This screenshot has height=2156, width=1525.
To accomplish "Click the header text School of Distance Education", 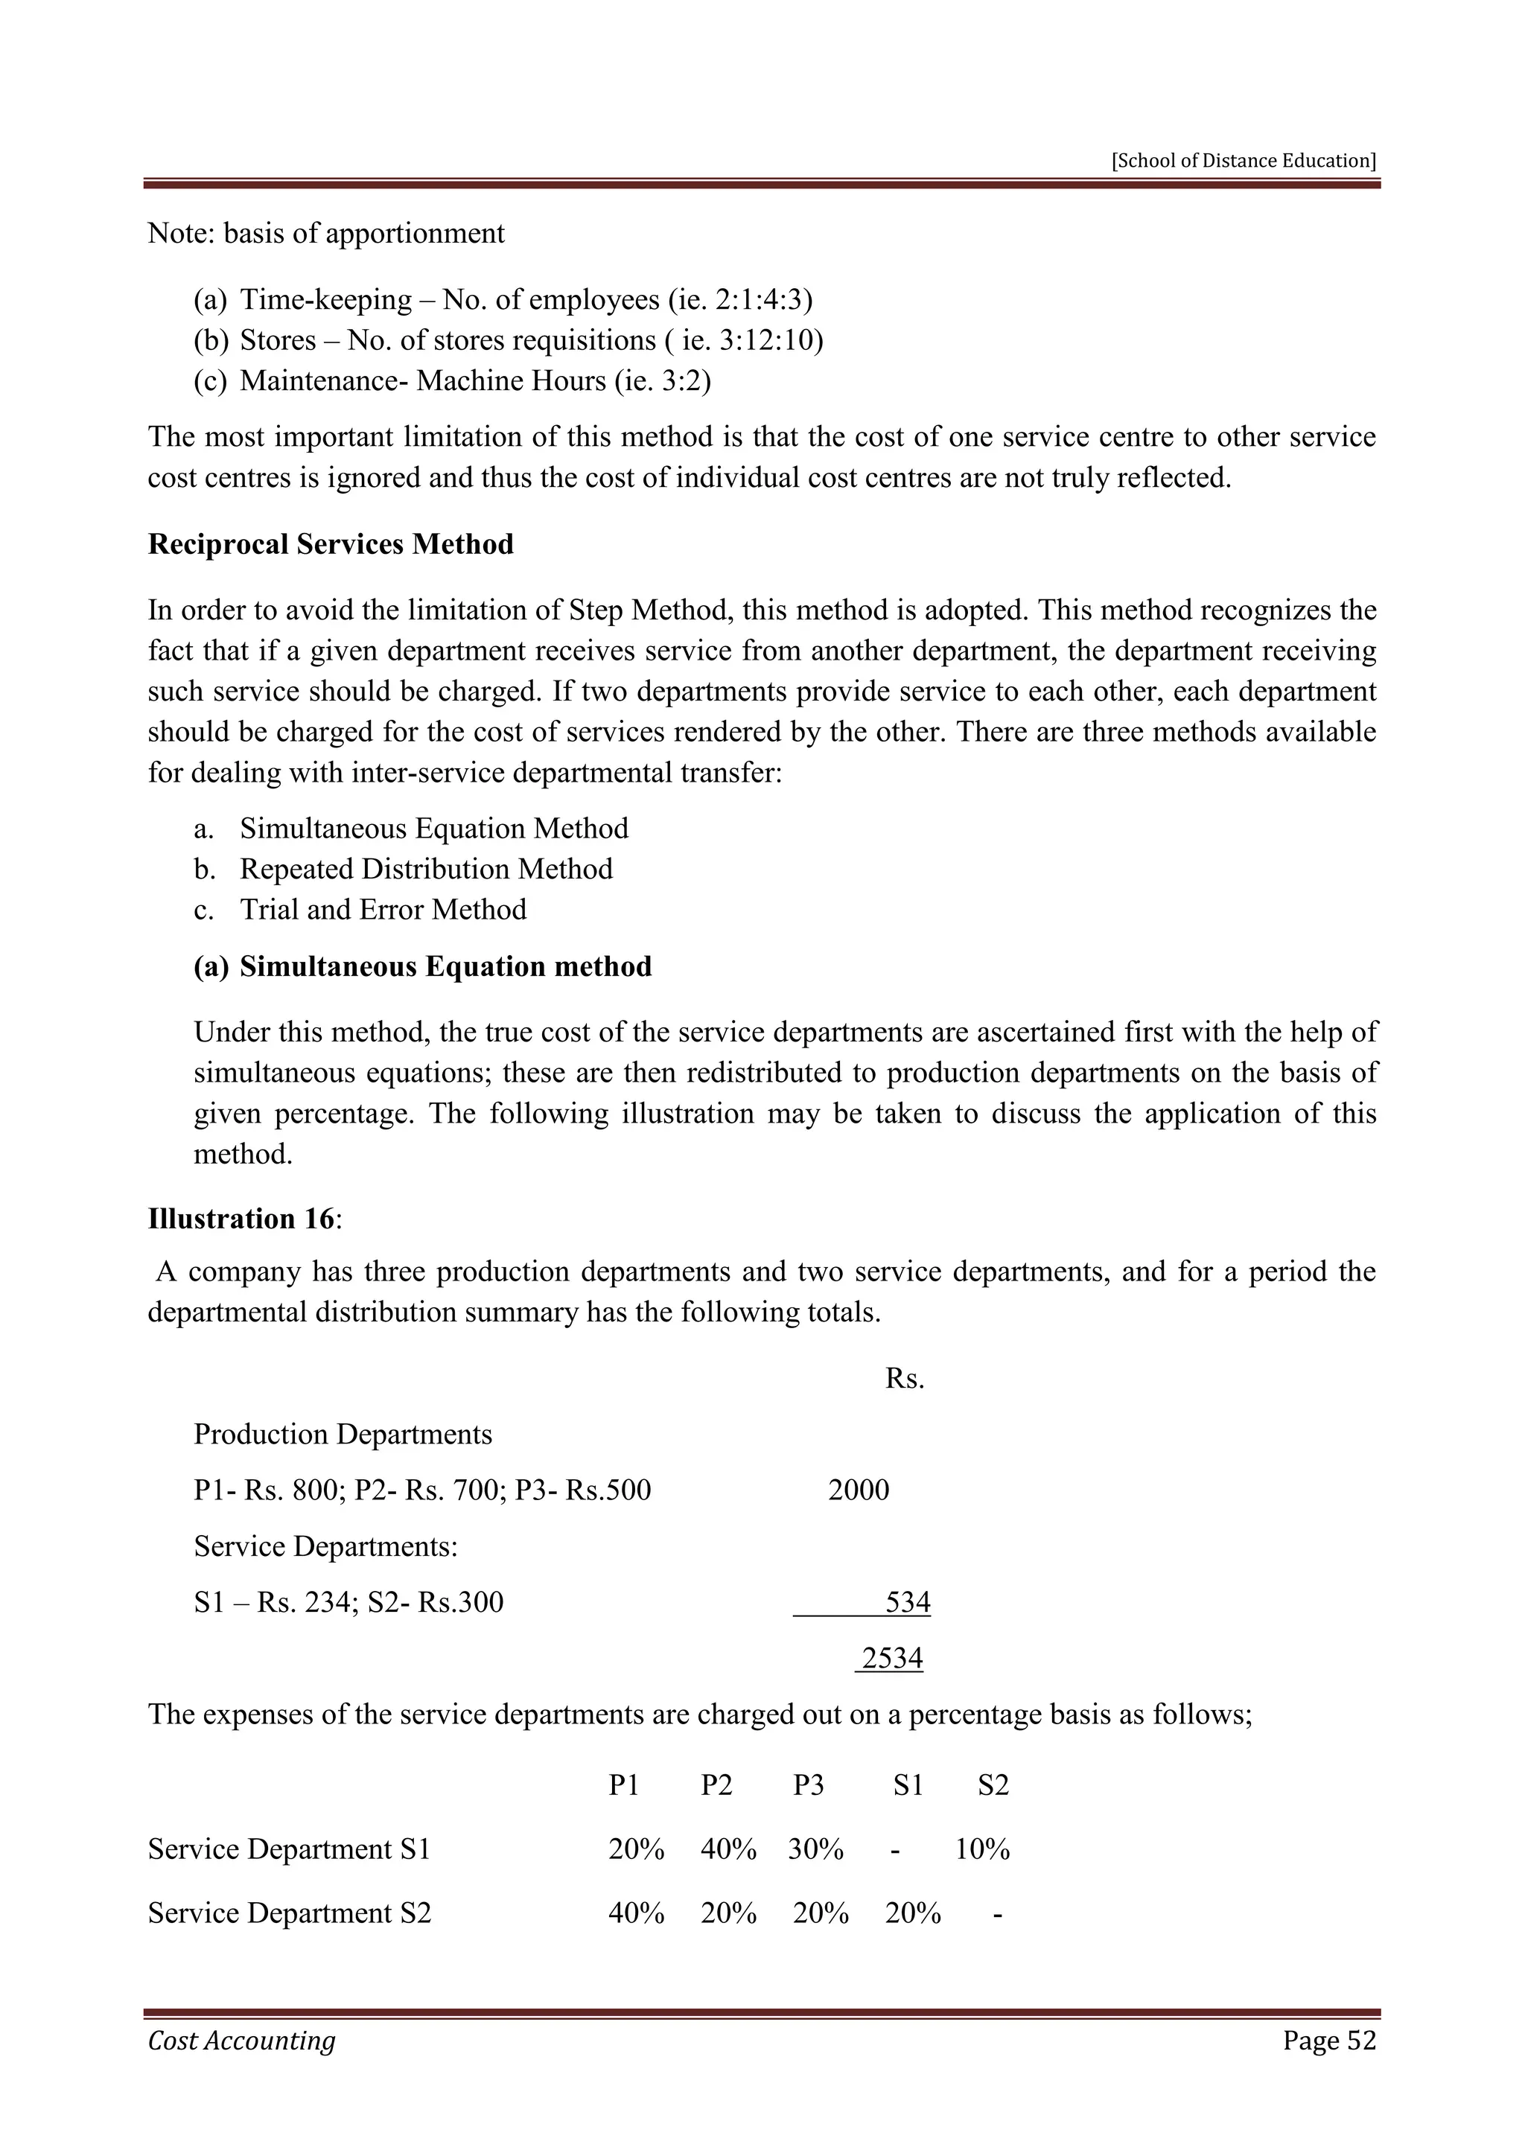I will pyautogui.click(x=1244, y=161).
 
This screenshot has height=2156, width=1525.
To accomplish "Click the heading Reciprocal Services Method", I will pyautogui.click(x=331, y=545).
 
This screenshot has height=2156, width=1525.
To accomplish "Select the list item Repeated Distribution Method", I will pyautogui.click(x=425, y=869).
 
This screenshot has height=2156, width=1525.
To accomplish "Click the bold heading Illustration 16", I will pyautogui.click(x=241, y=1219).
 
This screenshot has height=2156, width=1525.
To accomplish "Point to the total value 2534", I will pyautogui.click(x=891, y=1657).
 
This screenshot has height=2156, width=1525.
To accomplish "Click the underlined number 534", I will pyautogui.click(x=907, y=1601).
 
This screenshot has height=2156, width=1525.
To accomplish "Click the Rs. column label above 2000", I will pyautogui.click(x=904, y=1379).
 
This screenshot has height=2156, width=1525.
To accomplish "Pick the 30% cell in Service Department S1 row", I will pyautogui.click(x=815, y=1849).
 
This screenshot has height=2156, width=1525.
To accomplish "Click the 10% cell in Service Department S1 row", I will pyautogui.click(x=982, y=1849).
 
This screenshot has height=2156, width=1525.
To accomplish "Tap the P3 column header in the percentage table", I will pyautogui.click(x=808, y=1785).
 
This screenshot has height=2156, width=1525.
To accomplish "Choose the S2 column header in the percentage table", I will pyautogui.click(x=993, y=1785).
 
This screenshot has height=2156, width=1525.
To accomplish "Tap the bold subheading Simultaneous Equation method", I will pyautogui.click(x=445, y=966).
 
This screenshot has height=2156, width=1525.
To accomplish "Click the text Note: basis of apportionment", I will pyautogui.click(x=326, y=233).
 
